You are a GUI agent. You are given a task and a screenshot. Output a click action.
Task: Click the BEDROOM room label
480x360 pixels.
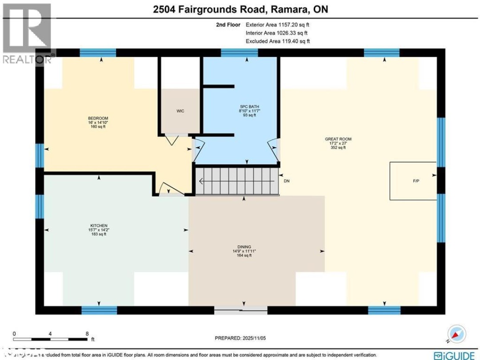click(98, 118)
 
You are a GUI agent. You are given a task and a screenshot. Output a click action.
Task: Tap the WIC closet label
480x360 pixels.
click(180, 111)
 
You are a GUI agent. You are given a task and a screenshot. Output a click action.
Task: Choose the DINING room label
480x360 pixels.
click(244, 247)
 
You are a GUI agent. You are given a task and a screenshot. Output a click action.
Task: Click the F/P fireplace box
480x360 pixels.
click(413, 181)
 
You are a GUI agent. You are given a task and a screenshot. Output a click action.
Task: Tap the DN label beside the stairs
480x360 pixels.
click(287, 181)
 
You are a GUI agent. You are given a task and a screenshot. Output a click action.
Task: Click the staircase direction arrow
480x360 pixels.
click(203, 181)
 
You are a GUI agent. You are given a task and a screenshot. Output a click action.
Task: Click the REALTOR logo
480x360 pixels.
click(27, 33)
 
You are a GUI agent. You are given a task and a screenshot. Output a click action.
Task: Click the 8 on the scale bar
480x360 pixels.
click(87, 333)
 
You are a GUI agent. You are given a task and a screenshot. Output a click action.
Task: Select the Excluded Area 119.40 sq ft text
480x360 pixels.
click(277, 41)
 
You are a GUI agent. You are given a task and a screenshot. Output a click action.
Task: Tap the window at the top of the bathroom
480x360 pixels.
click(239, 52)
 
